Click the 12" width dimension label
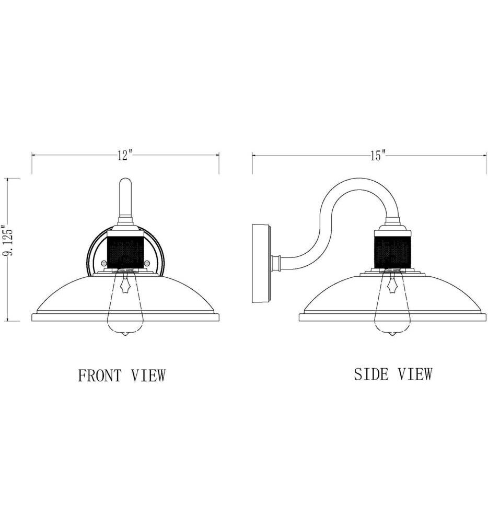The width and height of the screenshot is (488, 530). tap(125, 156)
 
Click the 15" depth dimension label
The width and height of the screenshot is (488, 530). tap(378, 155)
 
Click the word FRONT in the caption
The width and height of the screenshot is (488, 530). tap(100, 375)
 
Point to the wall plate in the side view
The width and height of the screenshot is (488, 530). tap(261, 262)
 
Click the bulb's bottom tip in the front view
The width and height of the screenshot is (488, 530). tap(125, 336)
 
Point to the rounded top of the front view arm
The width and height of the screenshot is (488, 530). tap(125, 182)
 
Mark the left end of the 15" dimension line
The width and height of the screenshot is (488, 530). tap(253, 155)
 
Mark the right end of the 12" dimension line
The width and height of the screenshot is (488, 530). tap(218, 155)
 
